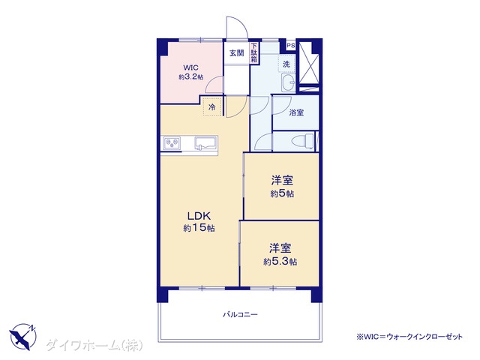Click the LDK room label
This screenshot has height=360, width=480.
199,216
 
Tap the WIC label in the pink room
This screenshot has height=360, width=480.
190,67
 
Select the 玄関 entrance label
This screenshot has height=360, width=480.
237,53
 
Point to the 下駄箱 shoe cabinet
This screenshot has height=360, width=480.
254,53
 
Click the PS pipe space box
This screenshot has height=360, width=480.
291,46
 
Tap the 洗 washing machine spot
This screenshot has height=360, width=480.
286,64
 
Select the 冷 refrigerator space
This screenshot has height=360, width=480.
211,106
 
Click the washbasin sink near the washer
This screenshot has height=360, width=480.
288,82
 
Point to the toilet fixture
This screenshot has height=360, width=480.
303,142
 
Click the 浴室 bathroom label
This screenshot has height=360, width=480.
296,112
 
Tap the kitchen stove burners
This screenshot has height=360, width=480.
172,143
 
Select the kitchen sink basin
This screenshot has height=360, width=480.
205,143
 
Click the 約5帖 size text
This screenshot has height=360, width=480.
282,193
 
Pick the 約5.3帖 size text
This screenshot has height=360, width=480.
280,262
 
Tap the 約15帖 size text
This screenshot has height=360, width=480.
199,228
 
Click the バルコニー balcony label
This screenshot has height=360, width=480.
240,314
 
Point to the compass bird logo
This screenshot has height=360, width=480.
22,337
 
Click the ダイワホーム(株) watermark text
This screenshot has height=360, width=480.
94,346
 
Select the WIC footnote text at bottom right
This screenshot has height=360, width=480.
409,337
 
